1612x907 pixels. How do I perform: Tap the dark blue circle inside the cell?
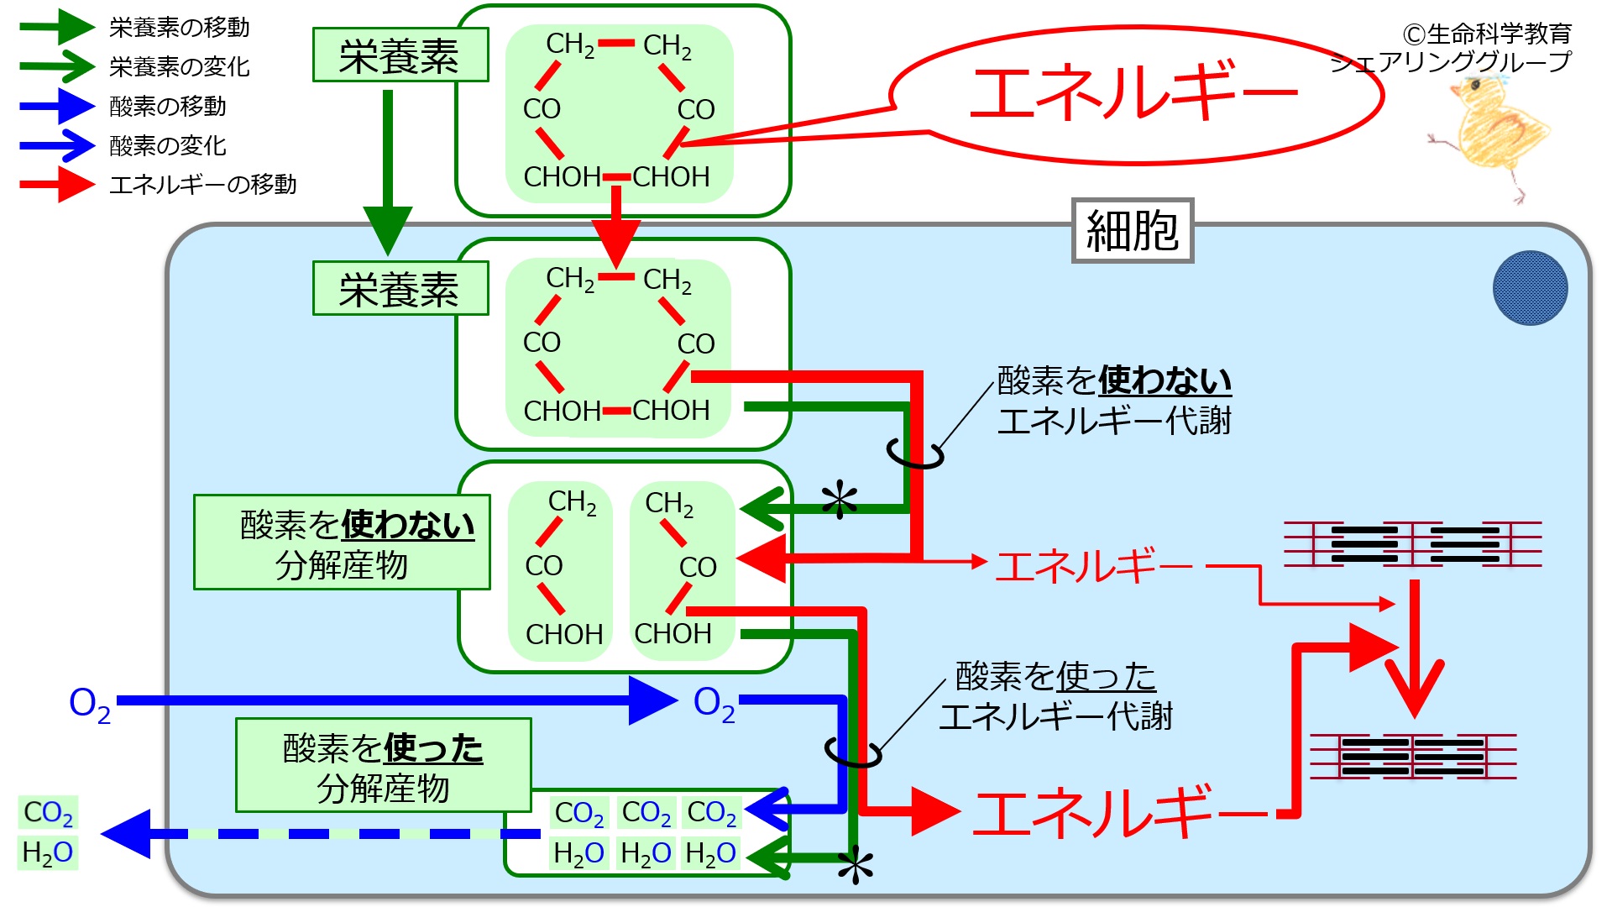(1530, 288)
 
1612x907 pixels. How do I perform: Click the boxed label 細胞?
(1133, 230)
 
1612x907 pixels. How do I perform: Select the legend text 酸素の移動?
(168, 106)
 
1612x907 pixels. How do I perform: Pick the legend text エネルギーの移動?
(203, 184)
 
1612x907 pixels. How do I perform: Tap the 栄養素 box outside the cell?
(400, 55)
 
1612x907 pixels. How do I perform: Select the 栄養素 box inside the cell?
(400, 288)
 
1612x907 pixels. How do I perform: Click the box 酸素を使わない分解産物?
(342, 543)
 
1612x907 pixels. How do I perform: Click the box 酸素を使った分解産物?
(384, 765)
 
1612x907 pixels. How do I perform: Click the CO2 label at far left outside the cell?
(48, 812)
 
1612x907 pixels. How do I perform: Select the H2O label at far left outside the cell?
(48, 852)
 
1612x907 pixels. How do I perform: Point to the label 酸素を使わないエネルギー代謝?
(1114, 401)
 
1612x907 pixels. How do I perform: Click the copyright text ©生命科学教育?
(1487, 34)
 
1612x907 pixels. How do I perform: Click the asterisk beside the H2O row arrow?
(856, 866)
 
